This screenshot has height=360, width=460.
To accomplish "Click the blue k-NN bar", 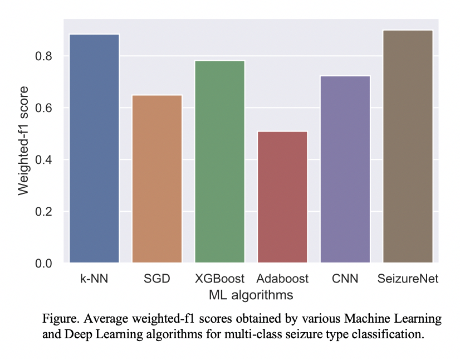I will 95,148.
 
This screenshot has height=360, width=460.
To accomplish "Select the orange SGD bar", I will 157,178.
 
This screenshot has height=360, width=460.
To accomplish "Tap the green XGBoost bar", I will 220,162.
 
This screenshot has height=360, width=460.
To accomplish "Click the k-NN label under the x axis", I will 95,278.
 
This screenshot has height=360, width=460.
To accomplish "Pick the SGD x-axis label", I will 157,278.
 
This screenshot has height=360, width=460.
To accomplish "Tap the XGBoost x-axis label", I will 220,278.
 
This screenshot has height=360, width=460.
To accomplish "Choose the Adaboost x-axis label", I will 283,278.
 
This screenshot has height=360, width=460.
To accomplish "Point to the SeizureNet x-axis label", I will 408,278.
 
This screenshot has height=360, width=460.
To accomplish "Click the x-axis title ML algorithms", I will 251,293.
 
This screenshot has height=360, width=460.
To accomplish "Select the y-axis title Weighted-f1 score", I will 23,141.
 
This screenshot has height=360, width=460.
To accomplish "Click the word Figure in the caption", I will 58,320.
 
